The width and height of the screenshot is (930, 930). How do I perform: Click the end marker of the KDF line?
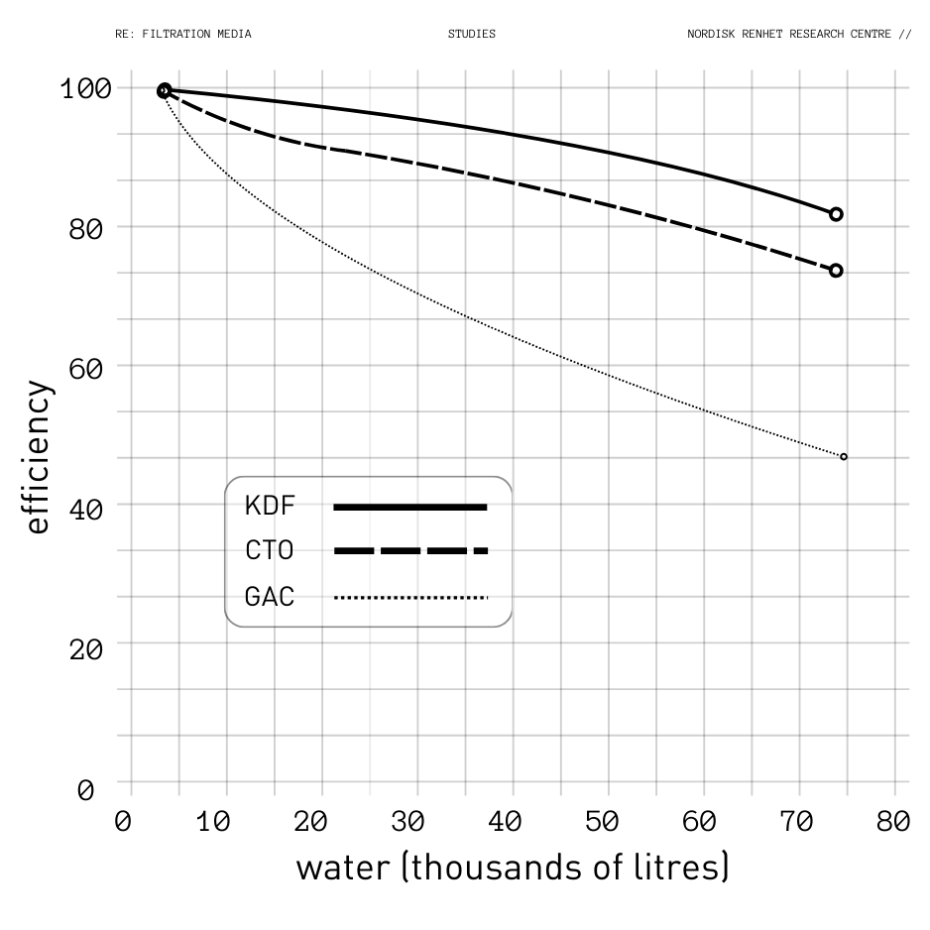pos(836,214)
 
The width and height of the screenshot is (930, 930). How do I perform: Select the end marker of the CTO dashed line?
pos(836,271)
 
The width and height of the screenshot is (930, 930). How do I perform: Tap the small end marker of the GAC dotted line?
pos(844,457)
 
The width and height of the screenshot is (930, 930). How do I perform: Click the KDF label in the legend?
pos(270,506)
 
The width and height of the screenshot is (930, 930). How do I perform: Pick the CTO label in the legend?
pos(270,550)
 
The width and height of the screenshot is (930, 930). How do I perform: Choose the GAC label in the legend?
pos(270,597)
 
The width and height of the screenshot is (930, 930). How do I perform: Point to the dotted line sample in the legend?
pos(410,597)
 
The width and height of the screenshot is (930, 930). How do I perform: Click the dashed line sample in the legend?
pos(410,550)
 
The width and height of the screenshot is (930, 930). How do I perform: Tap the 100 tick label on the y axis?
pos(85,88)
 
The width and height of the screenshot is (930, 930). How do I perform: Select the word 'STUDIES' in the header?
pos(471,34)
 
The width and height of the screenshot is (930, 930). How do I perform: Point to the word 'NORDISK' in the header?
pos(711,34)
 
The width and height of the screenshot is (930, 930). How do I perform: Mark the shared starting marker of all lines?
pos(165,91)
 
